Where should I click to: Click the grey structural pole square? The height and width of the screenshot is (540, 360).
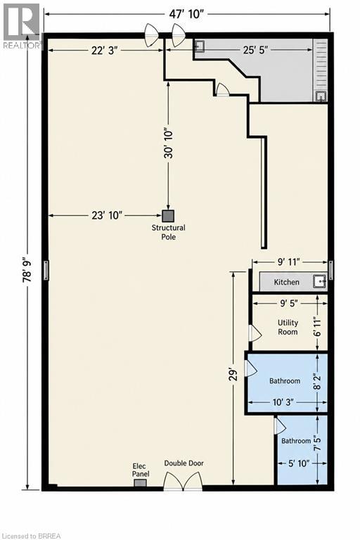pos(168,216)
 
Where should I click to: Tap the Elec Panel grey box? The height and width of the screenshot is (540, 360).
pos(140,483)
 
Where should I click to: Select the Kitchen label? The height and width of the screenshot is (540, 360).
pos(287,282)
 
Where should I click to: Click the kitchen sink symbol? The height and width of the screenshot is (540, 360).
pos(320,281)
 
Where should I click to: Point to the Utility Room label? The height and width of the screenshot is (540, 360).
pos(288,327)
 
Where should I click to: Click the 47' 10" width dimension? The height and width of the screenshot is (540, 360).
pos(187,14)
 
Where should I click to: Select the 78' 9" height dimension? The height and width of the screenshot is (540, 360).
pos(27,271)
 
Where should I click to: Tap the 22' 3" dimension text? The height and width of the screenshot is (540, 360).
pos(105,51)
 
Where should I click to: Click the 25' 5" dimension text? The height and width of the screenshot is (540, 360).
pos(256,50)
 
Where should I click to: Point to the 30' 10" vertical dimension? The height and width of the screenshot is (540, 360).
pos(169,144)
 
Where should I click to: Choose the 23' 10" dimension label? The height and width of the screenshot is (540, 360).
pos(107,215)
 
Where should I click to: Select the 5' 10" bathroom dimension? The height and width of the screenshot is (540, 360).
pos(299,463)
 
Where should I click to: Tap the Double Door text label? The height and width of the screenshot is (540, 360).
pos(184,463)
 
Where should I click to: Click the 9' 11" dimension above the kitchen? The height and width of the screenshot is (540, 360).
pos(290,262)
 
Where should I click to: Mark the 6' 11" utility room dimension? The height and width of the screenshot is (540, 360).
pos(317,326)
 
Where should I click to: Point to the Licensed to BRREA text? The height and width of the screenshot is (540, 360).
pos(31,536)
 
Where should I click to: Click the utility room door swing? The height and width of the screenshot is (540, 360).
pos(255,333)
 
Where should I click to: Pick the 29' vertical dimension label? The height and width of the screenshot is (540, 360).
pos(234,375)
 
